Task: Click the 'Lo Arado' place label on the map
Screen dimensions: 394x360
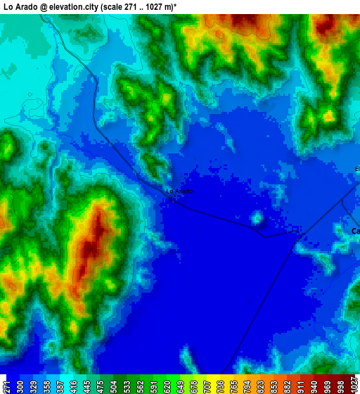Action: tap(179, 191)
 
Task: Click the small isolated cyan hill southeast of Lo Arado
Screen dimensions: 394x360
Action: tap(257, 218)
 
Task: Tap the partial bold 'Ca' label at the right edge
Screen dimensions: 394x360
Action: tap(355, 231)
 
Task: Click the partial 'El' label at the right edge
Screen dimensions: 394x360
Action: tap(357, 169)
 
